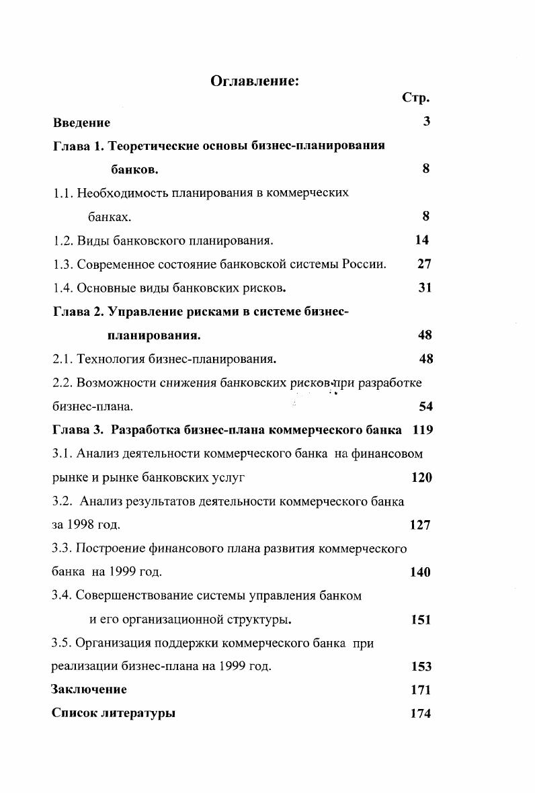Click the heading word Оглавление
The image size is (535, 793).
pyautogui.click(x=254, y=81)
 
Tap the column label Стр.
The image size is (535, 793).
pyautogui.click(x=415, y=98)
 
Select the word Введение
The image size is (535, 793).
pyautogui.click(x=81, y=123)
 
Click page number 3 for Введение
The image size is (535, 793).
pyautogui.click(x=426, y=122)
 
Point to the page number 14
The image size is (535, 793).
pyautogui.click(x=421, y=240)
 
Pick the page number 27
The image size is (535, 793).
pyautogui.click(x=424, y=264)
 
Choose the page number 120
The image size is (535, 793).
pyautogui.click(x=421, y=477)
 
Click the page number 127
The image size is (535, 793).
pyautogui.click(x=419, y=525)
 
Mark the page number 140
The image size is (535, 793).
pyautogui.click(x=420, y=573)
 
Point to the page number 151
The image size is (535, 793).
pyautogui.click(x=420, y=620)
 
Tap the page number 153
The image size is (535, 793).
pyautogui.click(x=421, y=667)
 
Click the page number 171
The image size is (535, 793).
pyautogui.click(x=420, y=690)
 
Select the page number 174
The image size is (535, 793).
pyautogui.click(x=420, y=714)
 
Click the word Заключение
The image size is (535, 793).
pyautogui.click(x=89, y=690)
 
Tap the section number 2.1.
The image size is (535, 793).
pyautogui.click(x=63, y=359)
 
